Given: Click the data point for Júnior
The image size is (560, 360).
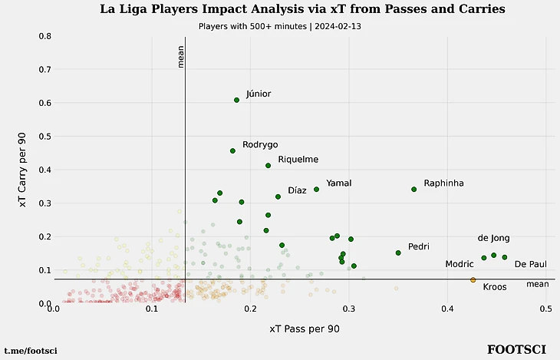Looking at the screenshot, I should tap(237, 100).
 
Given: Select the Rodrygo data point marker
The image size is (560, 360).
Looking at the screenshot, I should tap(232, 150).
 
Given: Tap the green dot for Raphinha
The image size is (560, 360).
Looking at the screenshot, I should tap(414, 189).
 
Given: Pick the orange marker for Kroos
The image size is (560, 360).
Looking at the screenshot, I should tap(473, 280).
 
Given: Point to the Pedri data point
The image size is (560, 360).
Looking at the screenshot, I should tap(398, 253).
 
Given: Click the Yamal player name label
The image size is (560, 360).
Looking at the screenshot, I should tap(338, 183).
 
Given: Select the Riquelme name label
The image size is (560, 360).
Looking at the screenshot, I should tap(298, 160).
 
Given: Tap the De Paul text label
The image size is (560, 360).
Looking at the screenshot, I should tap(531, 264).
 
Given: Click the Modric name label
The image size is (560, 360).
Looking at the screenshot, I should tap(460, 264).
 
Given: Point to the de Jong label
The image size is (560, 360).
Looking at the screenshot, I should tap(493, 238).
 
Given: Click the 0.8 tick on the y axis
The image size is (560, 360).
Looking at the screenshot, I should tap(44, 36).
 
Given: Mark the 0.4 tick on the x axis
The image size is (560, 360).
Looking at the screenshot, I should tap(448, 309).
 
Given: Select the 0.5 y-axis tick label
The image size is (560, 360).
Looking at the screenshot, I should tap(44, 137).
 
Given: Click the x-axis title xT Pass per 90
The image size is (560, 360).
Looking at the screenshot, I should tap(305, 329).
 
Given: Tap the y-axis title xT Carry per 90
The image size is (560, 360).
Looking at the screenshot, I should tap(23, 170).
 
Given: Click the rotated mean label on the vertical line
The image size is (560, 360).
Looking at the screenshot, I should tap(181, 56).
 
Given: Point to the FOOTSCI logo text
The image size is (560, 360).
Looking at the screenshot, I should tap(516, 350).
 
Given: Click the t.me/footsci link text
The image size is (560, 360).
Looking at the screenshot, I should tap(31, 351).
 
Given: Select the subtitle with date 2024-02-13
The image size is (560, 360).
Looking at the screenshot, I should tap(279, 26).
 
